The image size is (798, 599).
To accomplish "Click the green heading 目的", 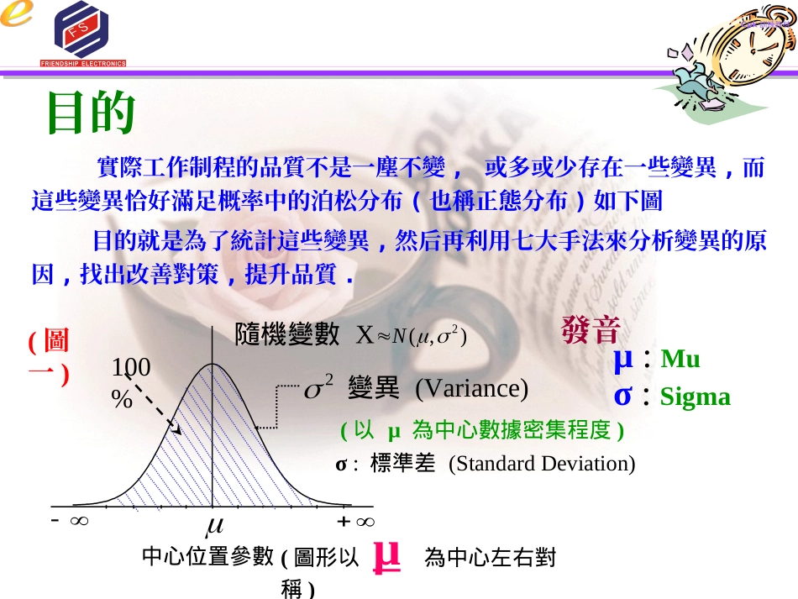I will point(91,113).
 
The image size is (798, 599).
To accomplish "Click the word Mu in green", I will point(680,360).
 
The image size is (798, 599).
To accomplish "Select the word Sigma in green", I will point(695,397).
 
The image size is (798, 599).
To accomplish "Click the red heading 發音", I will point(591,330).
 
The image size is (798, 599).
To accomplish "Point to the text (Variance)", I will point(471,388).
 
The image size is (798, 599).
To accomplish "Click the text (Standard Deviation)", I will point(542,464).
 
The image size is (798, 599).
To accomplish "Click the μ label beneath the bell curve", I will point(214,525).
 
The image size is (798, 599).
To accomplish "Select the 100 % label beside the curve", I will point(130,382).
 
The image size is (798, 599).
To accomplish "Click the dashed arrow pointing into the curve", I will point(160,412).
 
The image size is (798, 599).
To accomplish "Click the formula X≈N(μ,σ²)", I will point(411,336).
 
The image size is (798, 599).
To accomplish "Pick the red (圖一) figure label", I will point(48,357).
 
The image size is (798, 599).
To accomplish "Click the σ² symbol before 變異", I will point(318,389).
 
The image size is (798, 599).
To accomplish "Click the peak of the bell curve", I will point(213,364).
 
